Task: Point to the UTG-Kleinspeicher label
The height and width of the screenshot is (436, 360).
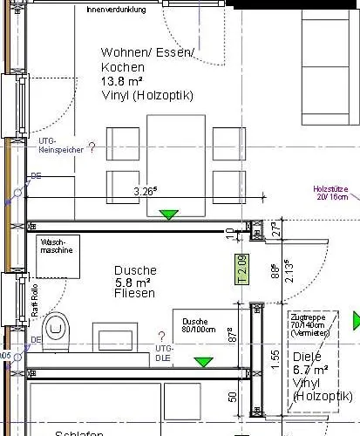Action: click(x=60, y=146)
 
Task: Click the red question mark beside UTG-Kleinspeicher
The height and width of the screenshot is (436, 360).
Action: click(x=92, y=148)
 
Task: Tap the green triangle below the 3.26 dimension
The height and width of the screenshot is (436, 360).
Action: click(x=169, y=214)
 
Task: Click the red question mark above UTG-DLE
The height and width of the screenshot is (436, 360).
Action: click(x=161, y=336)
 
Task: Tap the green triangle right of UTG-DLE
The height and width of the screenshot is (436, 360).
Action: click(x=204, y=361)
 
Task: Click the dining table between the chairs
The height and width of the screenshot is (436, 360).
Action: click(x=177, y=164)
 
